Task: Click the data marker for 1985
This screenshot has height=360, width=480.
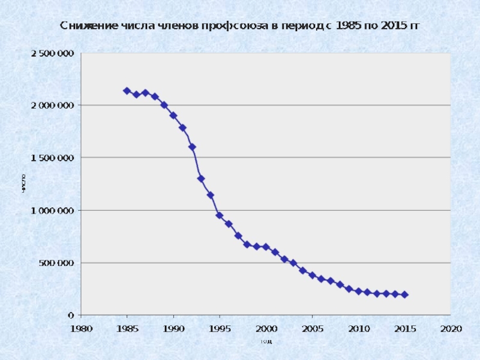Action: (127, 91)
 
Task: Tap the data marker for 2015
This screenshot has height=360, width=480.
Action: (404, 295)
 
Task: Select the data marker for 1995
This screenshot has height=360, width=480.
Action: (220, 215)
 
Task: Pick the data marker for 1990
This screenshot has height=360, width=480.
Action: (173, 115)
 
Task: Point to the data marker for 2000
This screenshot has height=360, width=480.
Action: (266, 247)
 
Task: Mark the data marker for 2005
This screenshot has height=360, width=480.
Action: (312, 275)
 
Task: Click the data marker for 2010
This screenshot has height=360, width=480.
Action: (358, 291)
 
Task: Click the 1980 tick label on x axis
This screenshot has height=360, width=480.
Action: (81, 328)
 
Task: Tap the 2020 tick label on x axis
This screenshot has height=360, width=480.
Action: (451, 328)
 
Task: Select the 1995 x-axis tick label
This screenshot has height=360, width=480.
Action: (220, 328)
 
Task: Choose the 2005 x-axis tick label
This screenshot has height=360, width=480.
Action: (312, 328)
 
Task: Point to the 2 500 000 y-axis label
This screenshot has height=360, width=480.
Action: (53, 53)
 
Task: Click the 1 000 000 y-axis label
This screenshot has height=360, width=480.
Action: (53, 211)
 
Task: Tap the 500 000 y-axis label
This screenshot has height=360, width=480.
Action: (58, 263)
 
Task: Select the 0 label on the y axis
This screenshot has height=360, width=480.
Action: (71, 315)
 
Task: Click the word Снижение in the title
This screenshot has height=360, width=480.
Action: (83, 26)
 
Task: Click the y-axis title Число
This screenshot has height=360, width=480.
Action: (23, 184)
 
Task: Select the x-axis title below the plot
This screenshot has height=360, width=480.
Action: (266, 341)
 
